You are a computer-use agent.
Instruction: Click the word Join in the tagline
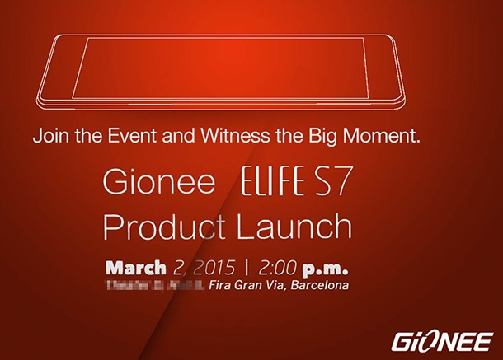49,137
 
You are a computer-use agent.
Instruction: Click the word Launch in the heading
295,227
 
